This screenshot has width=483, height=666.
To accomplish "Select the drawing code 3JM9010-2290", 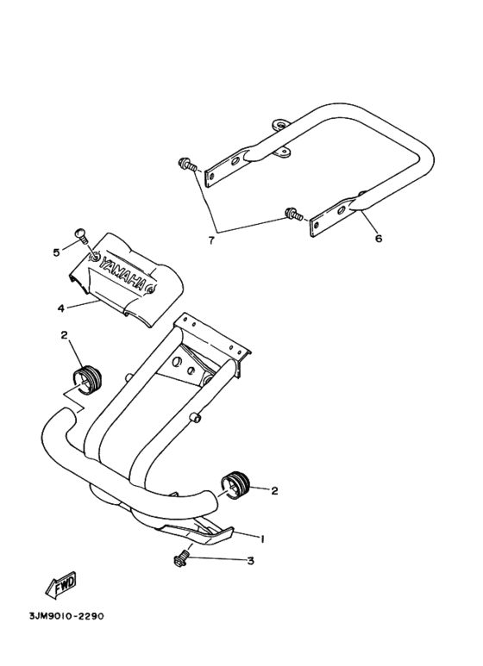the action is [x=66, y=615].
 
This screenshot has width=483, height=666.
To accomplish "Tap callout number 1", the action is [x=262, y=538].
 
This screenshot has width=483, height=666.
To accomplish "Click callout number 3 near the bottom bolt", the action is [x=251, y=561].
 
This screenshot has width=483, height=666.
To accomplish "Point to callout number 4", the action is [x=62, y=307].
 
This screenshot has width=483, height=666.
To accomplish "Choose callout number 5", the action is [x=57, y=252].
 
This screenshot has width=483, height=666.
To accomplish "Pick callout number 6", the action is [x=379, y=239].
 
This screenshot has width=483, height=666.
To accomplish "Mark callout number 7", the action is [x=211, y=240].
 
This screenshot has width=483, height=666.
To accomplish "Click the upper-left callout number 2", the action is [x=64, y=335].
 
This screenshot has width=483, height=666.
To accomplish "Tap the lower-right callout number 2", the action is [x=274, y=491].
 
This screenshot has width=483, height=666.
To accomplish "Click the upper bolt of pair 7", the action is [x=187, y=165].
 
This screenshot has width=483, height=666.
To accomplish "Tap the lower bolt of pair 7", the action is [x=294, y=214].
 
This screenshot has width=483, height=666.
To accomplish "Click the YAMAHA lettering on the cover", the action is [x=122, y=271].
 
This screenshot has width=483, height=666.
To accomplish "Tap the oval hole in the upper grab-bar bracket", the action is [x=235, y=162].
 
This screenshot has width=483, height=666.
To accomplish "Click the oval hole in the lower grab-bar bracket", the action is [x=341, y=211].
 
